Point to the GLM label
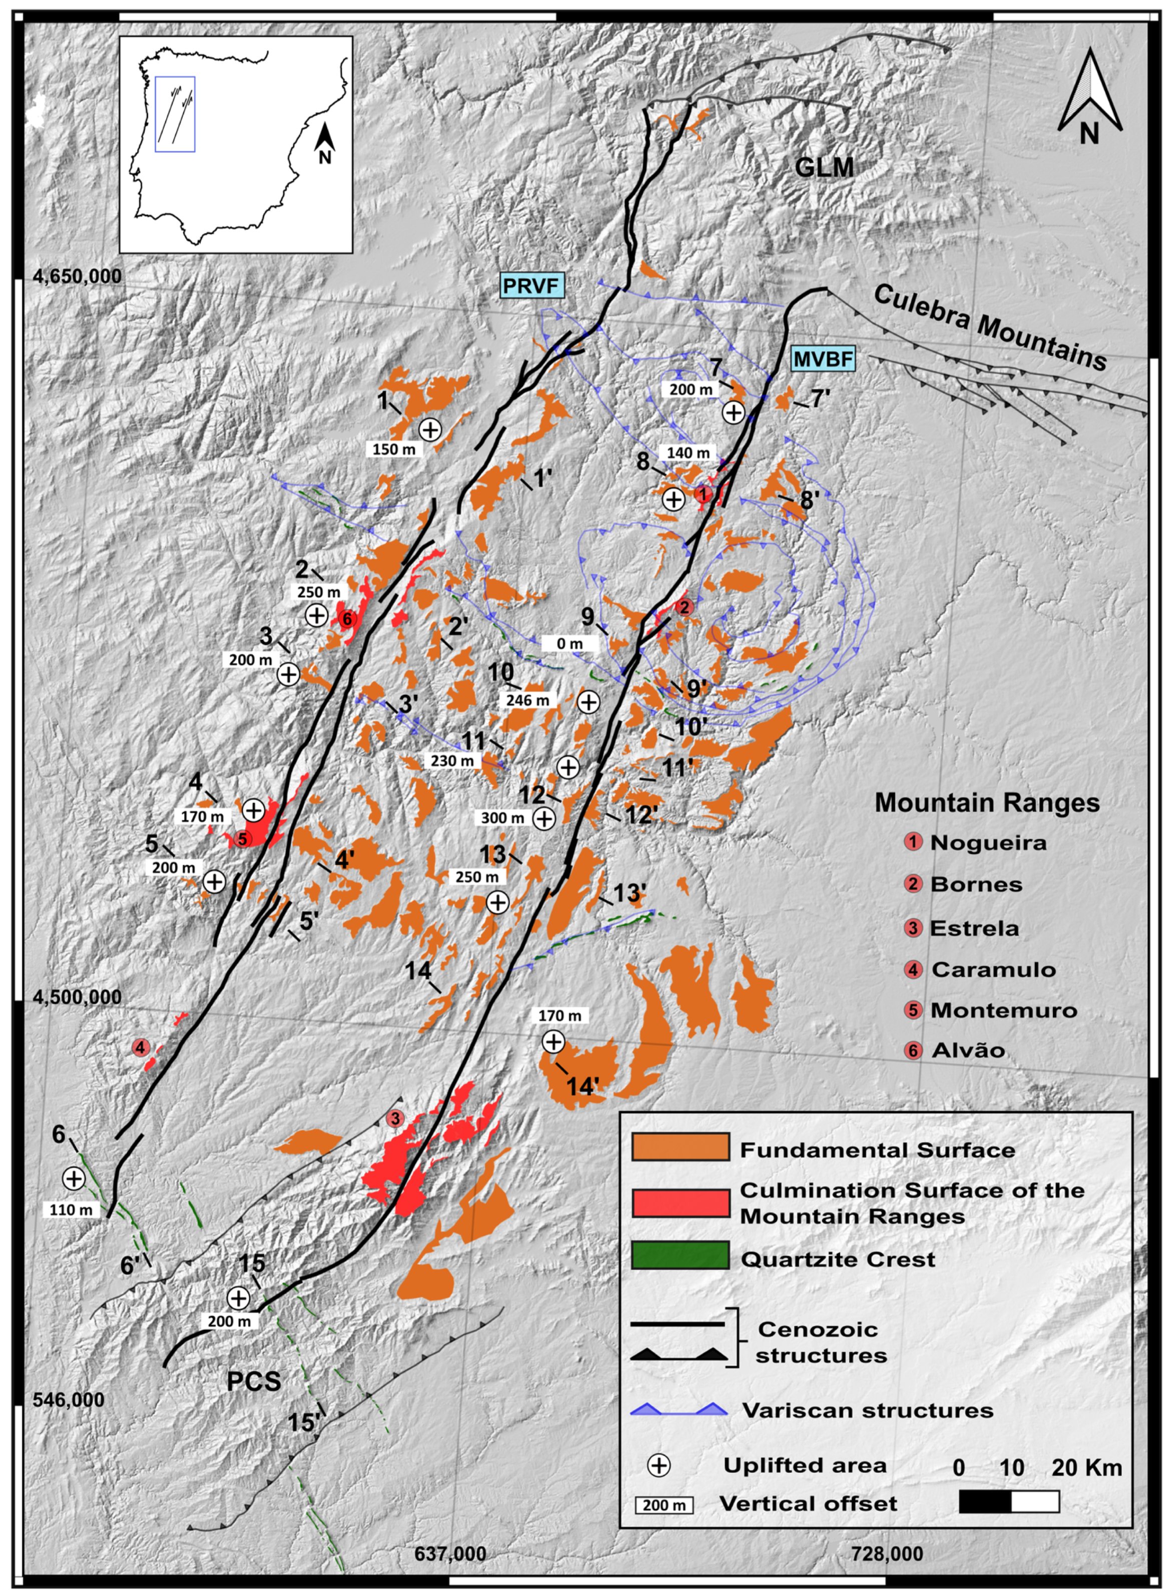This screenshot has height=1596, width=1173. (x=824, y=168)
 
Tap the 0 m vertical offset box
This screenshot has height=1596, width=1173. (x=569, y=643)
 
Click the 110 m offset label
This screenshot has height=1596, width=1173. (x=71, y=1210)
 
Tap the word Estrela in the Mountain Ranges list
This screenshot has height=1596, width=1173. (x=974, y=928)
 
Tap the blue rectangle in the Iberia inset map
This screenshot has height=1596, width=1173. (x=175, y=114)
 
